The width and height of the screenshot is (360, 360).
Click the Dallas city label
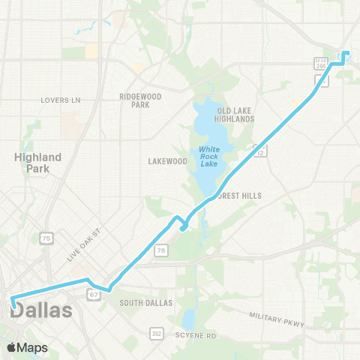(x=42, y=310)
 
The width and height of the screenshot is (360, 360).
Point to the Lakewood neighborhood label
(x=167, y=161)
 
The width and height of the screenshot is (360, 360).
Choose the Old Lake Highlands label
(x=232, y=114)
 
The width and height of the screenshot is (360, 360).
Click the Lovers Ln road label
(x=61, y=100)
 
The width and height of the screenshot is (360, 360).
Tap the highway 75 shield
(x=47, y=238)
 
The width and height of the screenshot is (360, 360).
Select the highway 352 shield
(x=155, y=332)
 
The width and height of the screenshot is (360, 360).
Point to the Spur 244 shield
(x=321, y=65)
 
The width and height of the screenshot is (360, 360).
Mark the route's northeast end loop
(x=346, y=55)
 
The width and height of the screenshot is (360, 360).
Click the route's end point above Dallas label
(x=13, y=303)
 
